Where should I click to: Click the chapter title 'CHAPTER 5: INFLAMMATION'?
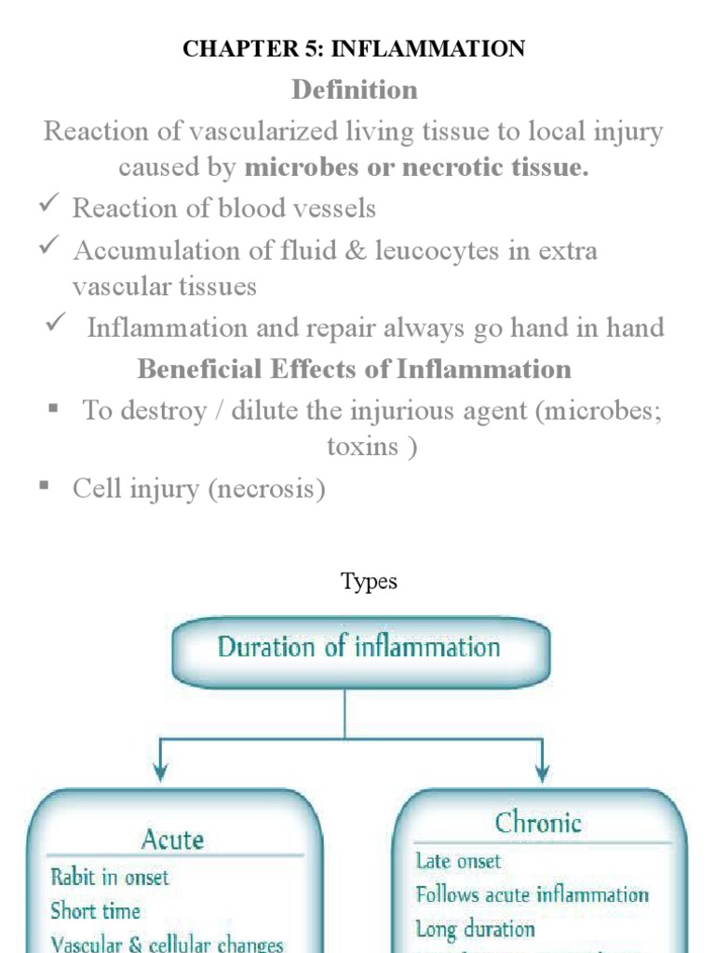(354, 48)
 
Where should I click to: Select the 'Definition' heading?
(354, 90)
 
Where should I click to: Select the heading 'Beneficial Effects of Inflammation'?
(354, 369)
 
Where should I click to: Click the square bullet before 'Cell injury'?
(43, 486)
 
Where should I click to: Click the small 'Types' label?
(369, 582)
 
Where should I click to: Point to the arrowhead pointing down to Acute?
(159, 771)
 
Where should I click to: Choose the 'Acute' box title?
(172, 839)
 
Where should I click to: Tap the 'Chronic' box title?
(538, 823)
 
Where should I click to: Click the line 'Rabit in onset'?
(110, 877)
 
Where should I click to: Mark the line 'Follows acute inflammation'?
(532, 895)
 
